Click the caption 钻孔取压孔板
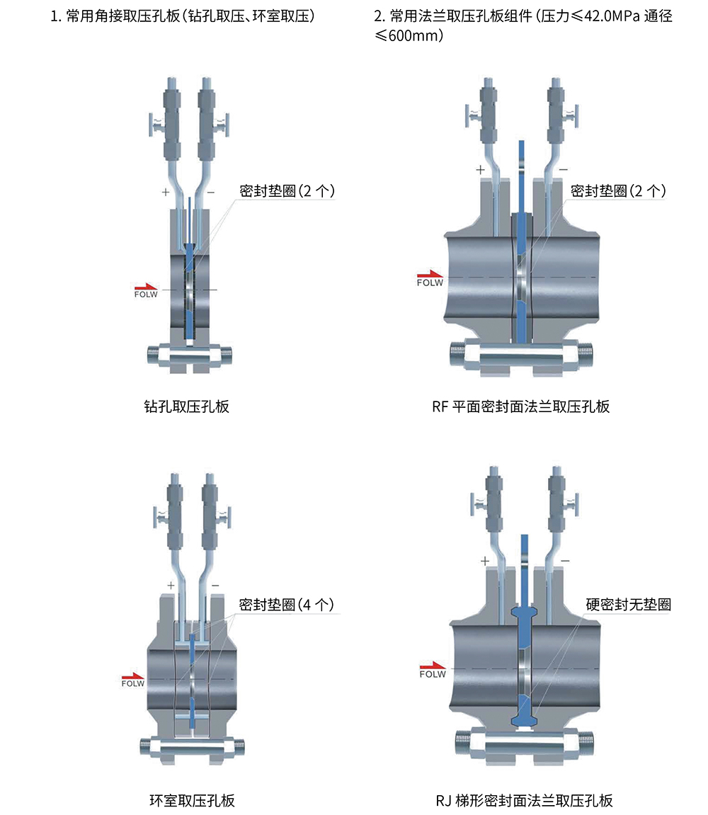pos(186,407)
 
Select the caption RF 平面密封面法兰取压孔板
pos(520,406)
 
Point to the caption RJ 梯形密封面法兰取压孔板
pos(524,801)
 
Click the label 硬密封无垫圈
pos(628,605)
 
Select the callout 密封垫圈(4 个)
pos(286,605)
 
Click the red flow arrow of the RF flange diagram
pos(428,274)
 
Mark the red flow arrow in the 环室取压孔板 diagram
pos(132,676)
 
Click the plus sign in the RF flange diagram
pos(480,170)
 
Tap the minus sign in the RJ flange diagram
pos(564,561)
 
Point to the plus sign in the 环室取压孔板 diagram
pos(171,586)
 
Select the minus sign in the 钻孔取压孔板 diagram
pos(210,192)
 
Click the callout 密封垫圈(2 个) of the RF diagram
pos(618,191)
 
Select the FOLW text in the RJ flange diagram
pos(433,675)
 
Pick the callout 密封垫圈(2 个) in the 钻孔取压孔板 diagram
pos(287,191)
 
